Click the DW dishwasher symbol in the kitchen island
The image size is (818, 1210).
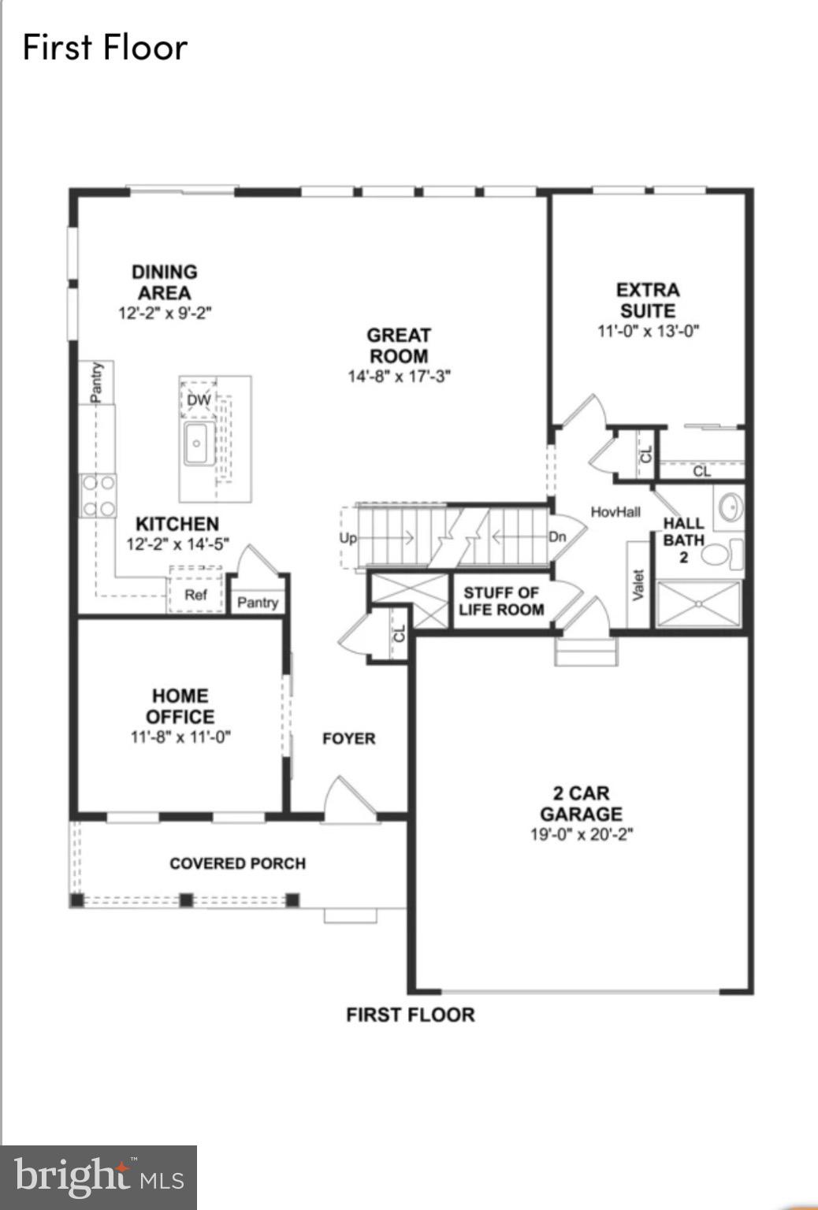(x=199, y=400)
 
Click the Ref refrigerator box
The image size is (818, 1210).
(x=195, y=595)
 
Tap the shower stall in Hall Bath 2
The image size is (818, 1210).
(x=698, y=604)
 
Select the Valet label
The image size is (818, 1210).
(x=638, y=585)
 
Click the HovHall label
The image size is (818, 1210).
(x=615, y=512)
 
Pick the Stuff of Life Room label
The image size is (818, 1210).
(x=501, y=601)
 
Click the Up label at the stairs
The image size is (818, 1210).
(x=348, y=538)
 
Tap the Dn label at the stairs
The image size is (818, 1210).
(x=557, y=537)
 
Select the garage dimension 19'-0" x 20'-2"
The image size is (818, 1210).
(x=582, y=834)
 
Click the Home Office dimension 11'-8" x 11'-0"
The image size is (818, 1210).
(x=180, y=737)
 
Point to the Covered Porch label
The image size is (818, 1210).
(x=237, y=863)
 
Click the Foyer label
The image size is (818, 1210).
(x=348, y=738)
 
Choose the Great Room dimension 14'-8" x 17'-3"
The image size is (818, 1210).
(x=399, y=377)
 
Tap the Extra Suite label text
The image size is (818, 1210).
(x=648, y=300)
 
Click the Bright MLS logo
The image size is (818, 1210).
(x=99, y=1178)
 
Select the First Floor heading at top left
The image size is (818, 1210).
(x=105, y=47)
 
